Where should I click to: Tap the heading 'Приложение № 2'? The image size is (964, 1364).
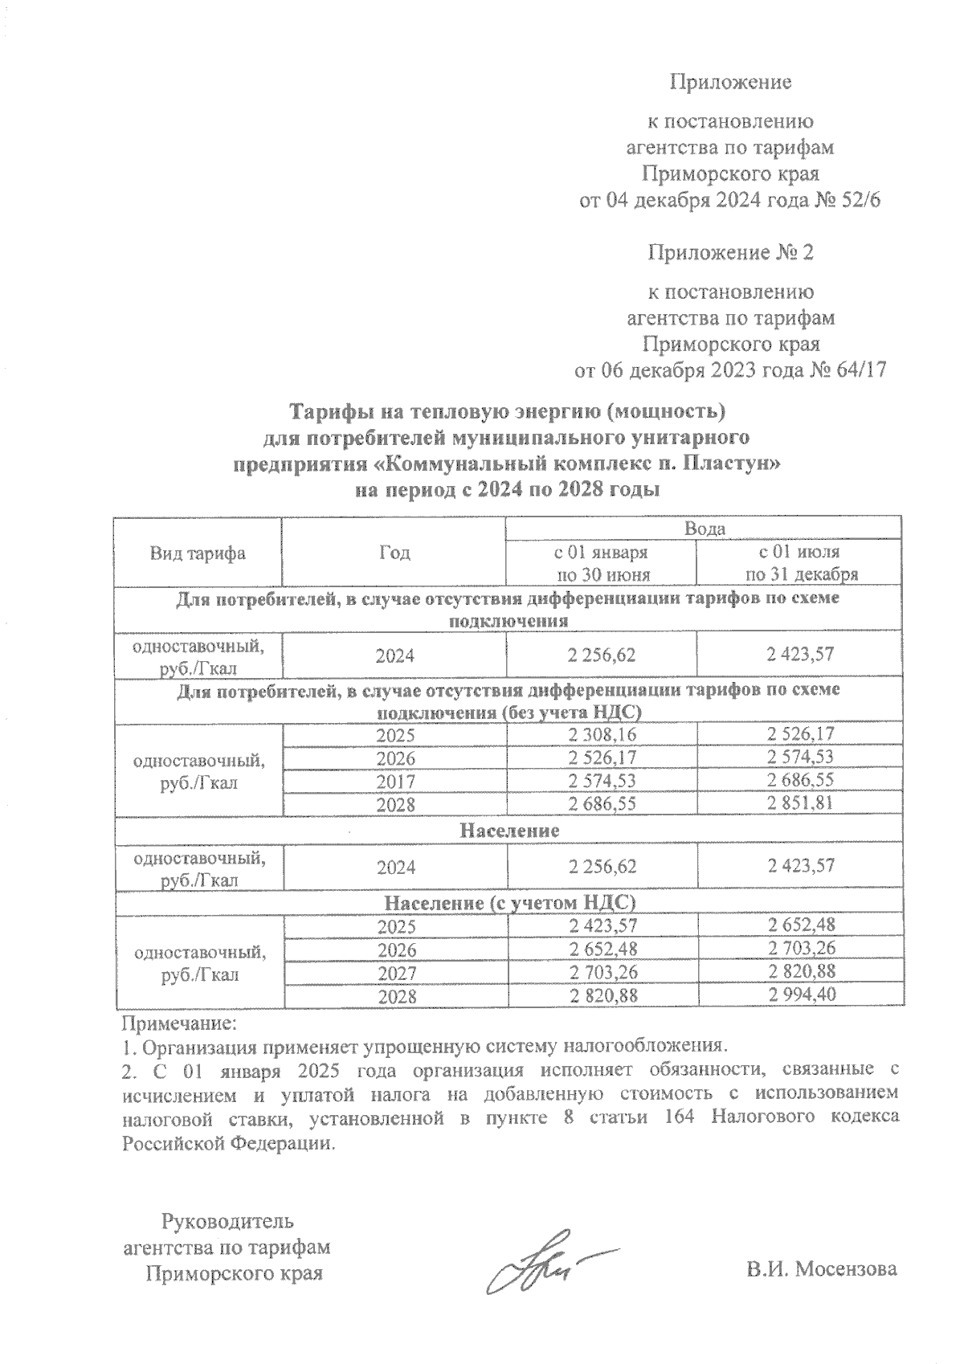[731, 253]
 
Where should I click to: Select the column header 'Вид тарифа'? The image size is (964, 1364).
[197, 553]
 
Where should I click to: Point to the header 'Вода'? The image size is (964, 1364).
[705, 529]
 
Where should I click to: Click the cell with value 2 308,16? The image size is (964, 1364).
[601, 735]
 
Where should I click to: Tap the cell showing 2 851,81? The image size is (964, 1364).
[801, 803]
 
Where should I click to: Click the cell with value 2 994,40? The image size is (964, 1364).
[801, 995]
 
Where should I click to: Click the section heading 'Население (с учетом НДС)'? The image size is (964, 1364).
[509, 902]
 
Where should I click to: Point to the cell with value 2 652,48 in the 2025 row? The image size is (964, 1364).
[801, 925]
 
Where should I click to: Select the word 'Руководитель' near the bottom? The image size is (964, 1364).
[227, 1222]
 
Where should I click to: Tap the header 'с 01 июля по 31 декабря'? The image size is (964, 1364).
[801, 563]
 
